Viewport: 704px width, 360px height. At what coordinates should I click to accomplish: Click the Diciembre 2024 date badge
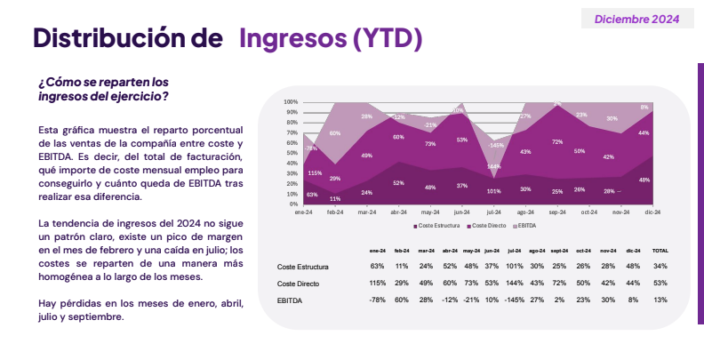tap(636, 19)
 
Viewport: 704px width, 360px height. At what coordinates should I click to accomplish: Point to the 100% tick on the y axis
tap(291, 102)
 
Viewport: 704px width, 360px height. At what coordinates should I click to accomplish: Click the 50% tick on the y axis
tap(292, 153)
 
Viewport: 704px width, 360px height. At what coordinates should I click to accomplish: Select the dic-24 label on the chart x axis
tap(651, 212)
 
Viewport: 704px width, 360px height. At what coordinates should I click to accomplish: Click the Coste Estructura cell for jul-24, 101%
tap(513, 267)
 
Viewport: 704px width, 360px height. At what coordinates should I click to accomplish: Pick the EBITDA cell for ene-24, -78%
tap(377, 300)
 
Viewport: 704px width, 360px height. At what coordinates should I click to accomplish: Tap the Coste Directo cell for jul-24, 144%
tap(513, 284)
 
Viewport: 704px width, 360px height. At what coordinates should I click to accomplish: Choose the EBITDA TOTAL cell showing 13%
tap(660, 300)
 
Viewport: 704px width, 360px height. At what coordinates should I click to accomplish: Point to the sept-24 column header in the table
tap(559, 251)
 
